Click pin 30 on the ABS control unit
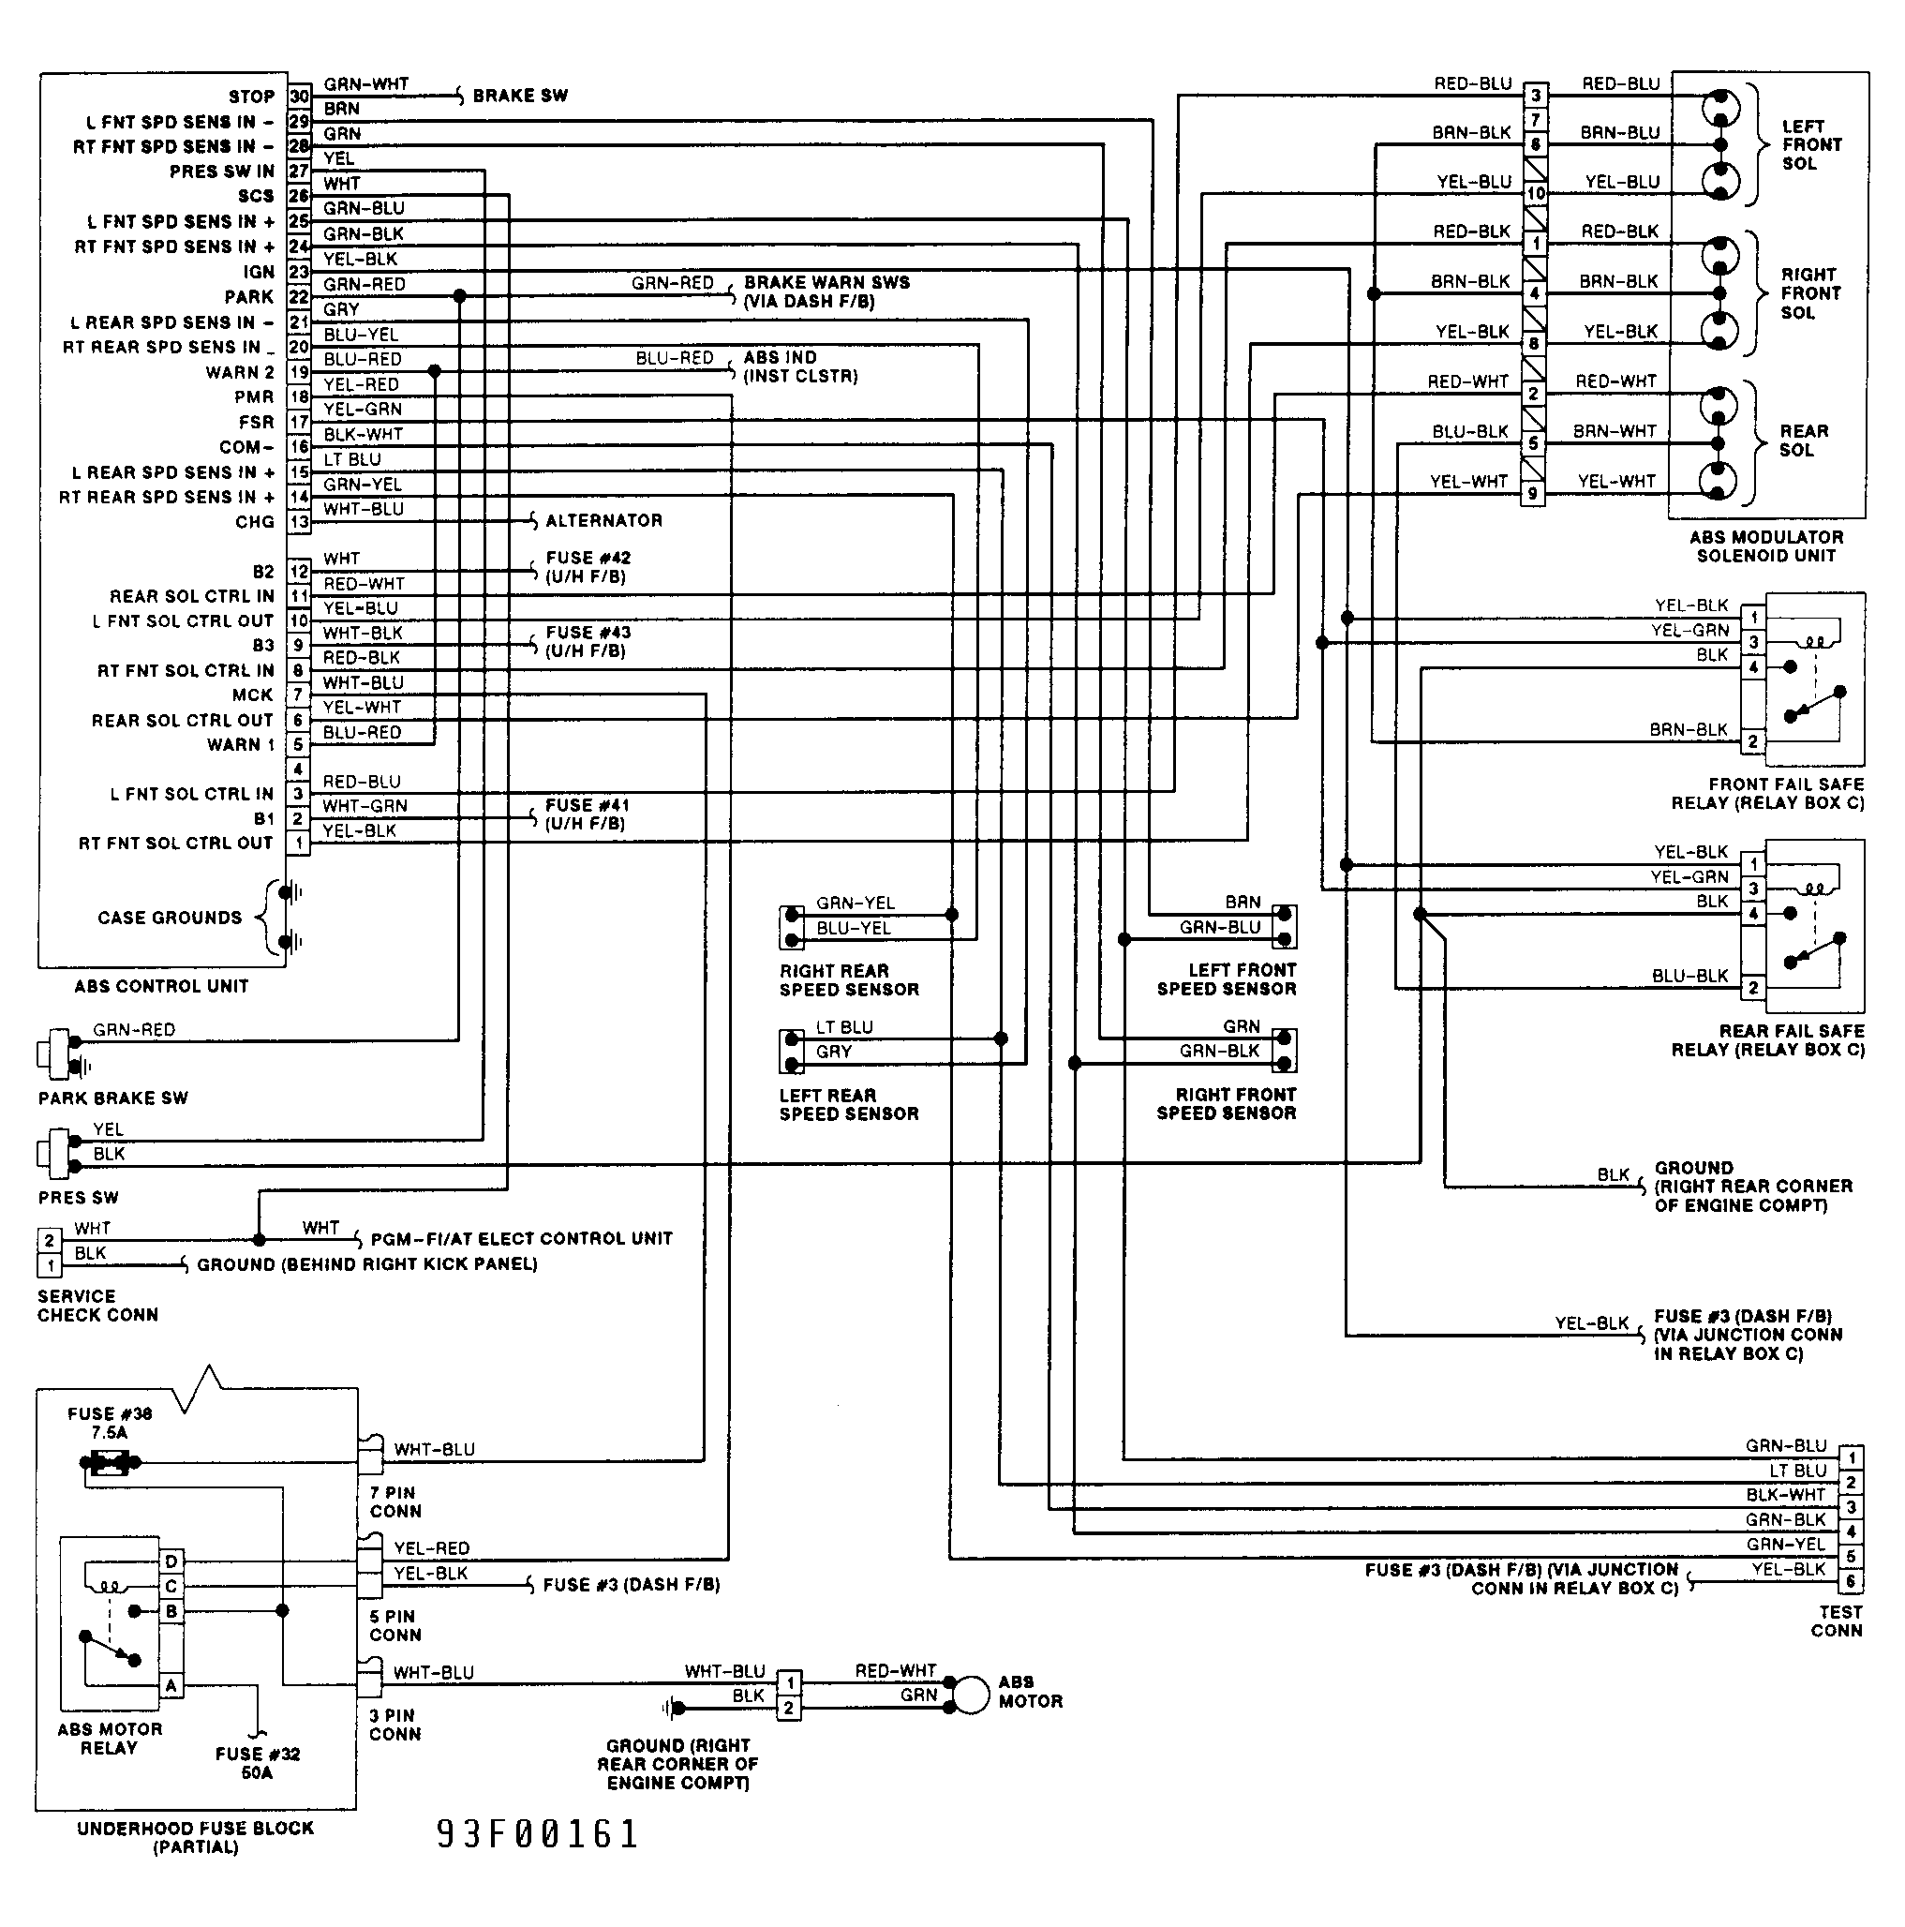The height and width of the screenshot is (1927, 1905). tap(299, 97)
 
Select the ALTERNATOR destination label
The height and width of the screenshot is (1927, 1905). tap(603, 521)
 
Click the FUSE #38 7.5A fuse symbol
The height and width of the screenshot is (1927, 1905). tap(110, 1463)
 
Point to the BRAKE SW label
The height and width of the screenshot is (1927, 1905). tap(520, 96)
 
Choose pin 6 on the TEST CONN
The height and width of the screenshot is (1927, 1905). tap(1852, 1582)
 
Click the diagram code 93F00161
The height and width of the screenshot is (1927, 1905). tap(538, 1835)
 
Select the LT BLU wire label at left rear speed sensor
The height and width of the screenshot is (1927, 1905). tap(843, 1027)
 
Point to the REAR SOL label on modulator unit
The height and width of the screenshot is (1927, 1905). tap(1803, 441)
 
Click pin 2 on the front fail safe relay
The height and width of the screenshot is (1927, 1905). tap(1752, 742)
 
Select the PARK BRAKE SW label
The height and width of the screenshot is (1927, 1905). tap(112, 1098)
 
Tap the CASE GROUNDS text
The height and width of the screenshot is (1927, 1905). tap(170, 918)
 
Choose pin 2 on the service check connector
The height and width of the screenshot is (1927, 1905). tap(49, 1241)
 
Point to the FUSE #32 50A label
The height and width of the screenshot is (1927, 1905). tap(258, 1763)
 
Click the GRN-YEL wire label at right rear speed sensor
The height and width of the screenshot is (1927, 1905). tap(855, 904)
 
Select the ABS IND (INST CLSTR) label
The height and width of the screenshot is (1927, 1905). tap(800, 367)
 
